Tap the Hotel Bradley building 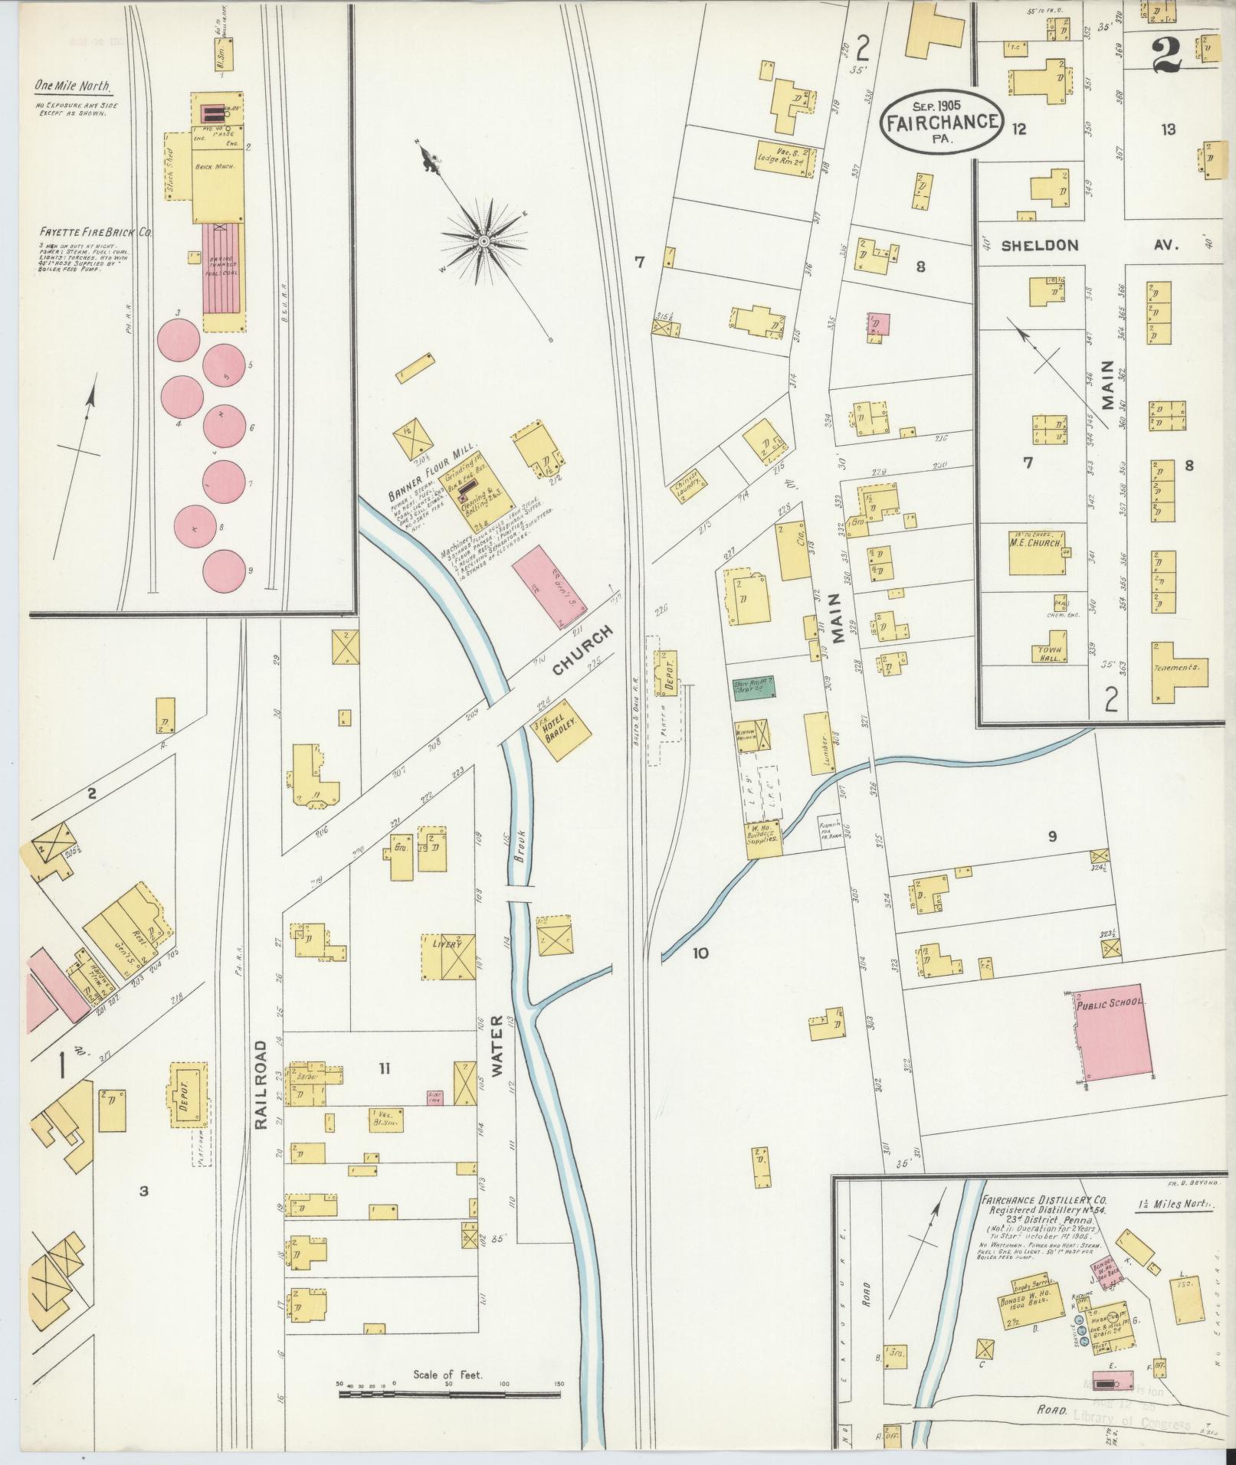tap(563, 728)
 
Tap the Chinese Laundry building tap(686, 485)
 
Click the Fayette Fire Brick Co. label tap(95, 231)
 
